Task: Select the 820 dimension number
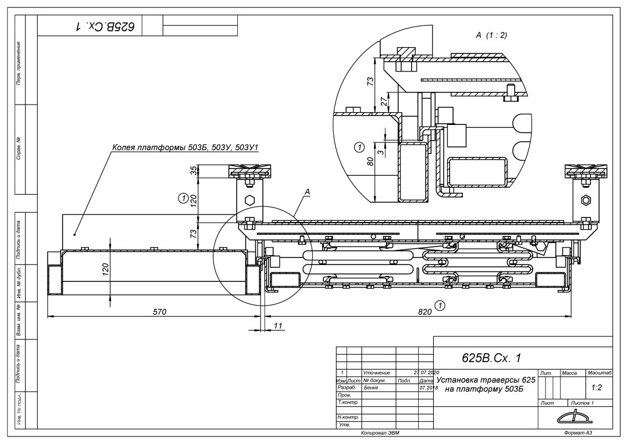425,312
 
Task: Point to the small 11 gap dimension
278,326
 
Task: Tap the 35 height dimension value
194,170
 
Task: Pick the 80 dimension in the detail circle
370,161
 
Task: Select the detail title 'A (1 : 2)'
491,35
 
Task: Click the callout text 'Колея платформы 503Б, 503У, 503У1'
185,149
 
